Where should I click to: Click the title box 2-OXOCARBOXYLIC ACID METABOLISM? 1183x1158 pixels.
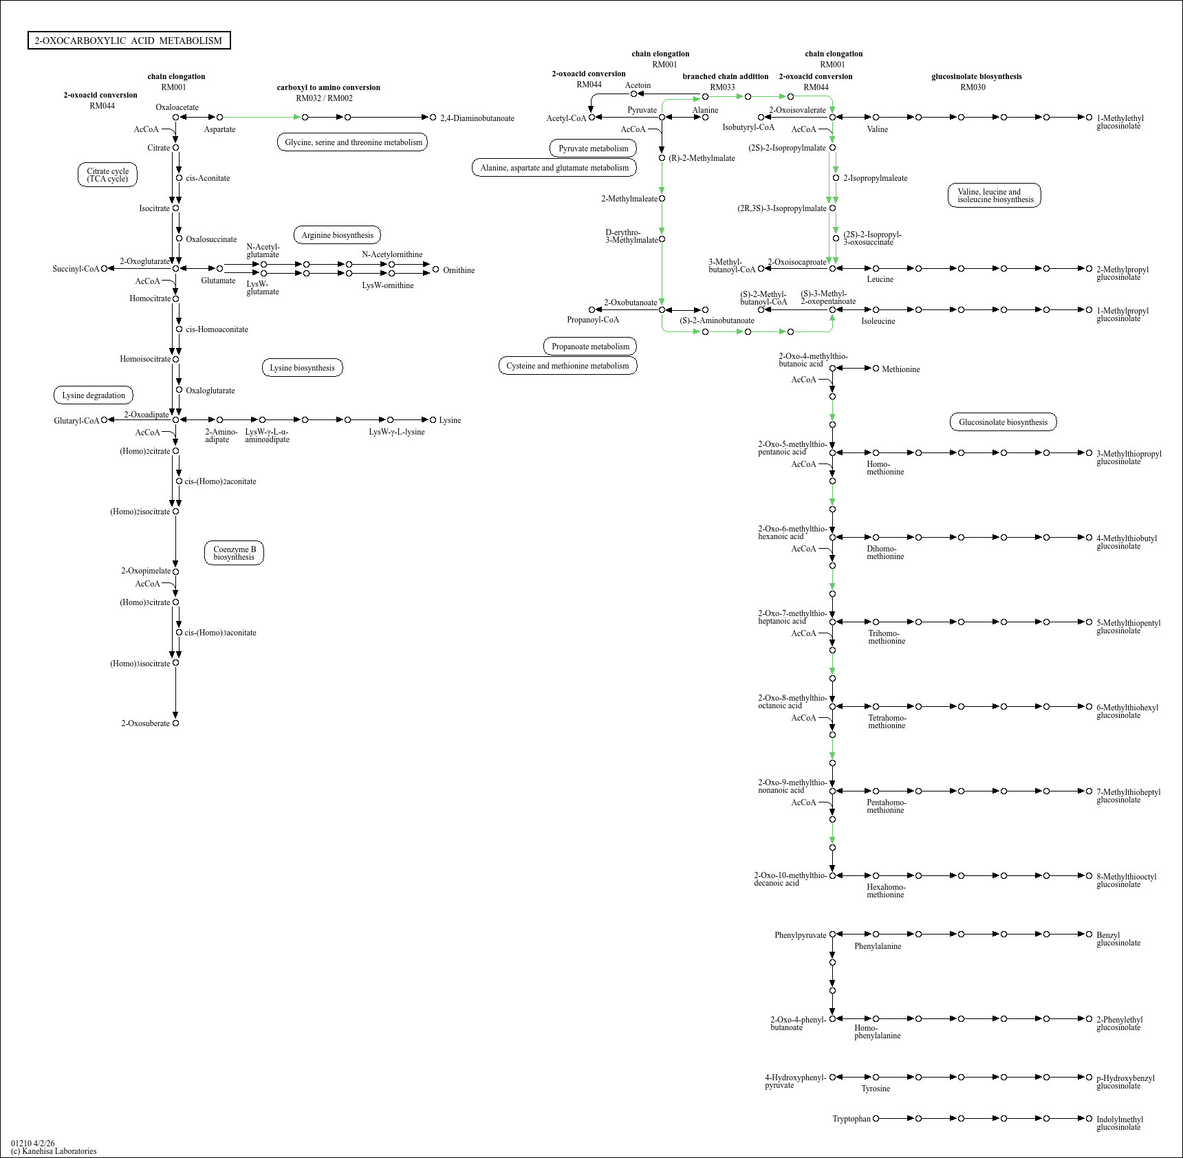tap(129, 41)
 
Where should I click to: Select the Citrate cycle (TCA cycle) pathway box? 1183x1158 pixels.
tap(107, 175)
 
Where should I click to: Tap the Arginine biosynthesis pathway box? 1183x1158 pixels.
tap(337, 235)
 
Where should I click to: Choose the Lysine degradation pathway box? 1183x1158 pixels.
tap(94, 395)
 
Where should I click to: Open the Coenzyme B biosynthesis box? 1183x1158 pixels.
tap(234, 553)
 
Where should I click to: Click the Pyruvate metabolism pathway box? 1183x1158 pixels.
tap(593, 149)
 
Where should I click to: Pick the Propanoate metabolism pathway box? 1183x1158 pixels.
tap(590, 347)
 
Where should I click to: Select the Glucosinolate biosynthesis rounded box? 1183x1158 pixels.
tap(1003, 422)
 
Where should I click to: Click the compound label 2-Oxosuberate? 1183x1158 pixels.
tap(145, 723)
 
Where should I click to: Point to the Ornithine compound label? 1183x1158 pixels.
tap(459, 270)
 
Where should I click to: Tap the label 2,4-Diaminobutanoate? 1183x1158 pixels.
tap(477, 118)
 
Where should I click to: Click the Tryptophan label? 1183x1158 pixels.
tap(851, 1119)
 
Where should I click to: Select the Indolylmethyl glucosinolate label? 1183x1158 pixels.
tap(1120, 1123)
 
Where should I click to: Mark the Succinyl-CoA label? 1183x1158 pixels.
tap(76, 269)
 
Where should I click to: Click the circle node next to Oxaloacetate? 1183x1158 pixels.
tap(175, 118)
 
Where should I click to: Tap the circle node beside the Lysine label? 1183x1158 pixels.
tap(433, 419)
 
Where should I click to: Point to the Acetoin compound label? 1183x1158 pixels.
tap(638, 85)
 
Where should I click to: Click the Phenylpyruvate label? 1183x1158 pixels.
tap(800, 935)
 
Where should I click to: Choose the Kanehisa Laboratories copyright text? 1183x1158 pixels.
tap(54, 1151)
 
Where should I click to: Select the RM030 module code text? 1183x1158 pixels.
tap(973, 87)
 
